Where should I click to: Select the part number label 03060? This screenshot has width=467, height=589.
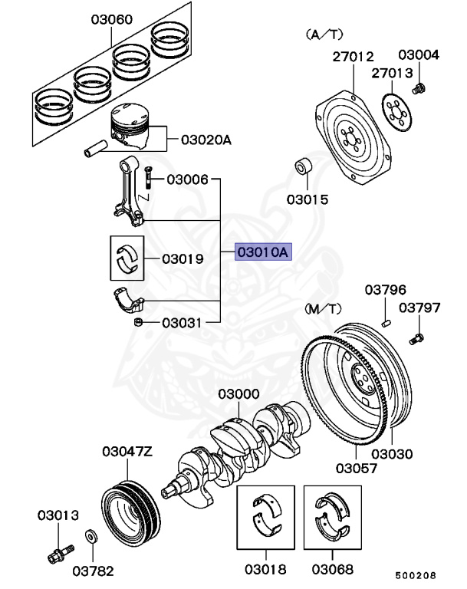tap(111, 18)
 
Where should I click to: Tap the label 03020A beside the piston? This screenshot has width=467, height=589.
tap(206, 140)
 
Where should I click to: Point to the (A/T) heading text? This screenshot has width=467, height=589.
tap(325, 35)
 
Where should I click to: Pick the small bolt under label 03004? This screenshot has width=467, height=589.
tap(418, 90)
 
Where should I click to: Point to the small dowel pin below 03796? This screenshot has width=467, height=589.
tap(387, 320)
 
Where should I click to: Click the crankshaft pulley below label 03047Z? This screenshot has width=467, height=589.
tap(130, 510)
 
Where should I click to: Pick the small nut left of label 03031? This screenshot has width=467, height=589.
tap(139, 322)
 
